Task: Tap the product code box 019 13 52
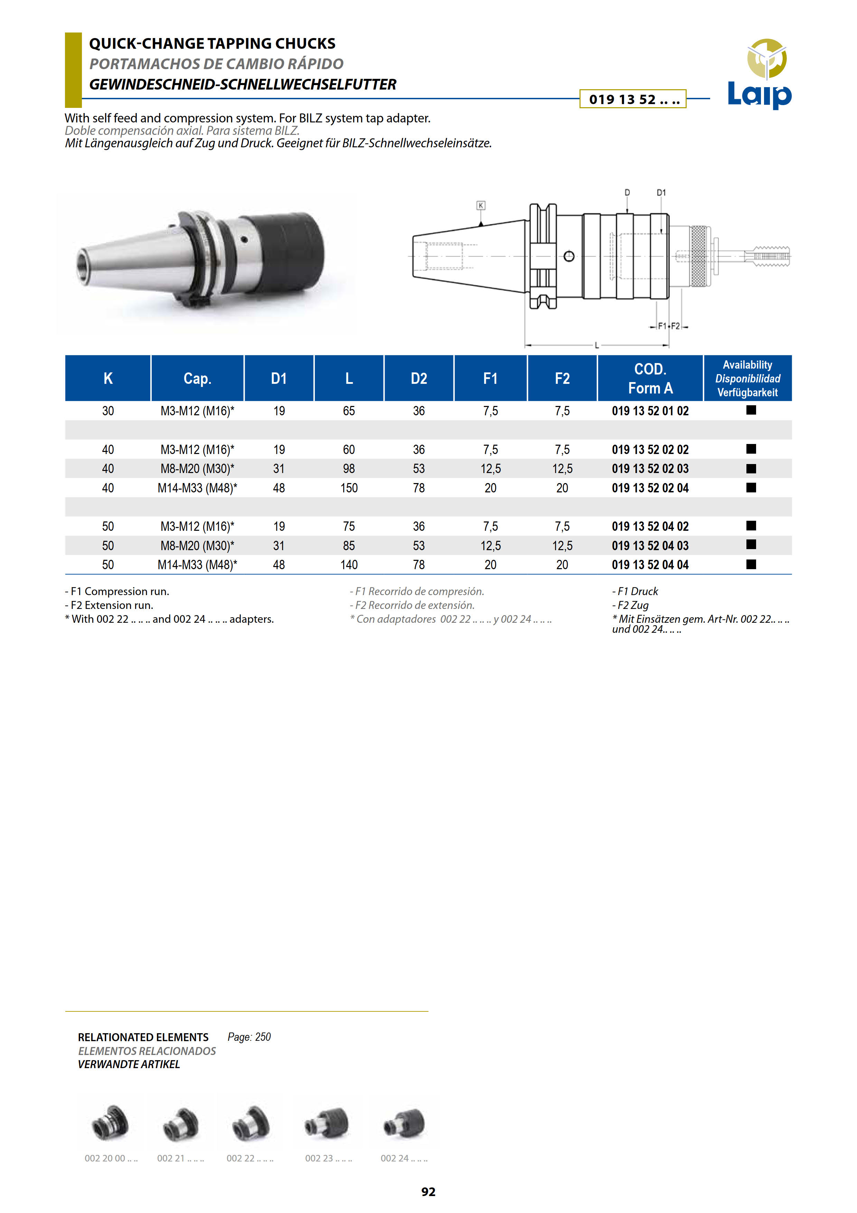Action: coord(633,99)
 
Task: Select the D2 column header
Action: coord(419,378)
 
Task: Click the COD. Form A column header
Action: coord(650,378)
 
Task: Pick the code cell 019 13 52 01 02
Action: coord(650,411)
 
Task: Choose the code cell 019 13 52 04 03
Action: coord(650,546)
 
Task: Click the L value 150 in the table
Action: coord(349,488)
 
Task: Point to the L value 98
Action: coord(349,469)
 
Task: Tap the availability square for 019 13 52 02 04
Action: coord(751,488)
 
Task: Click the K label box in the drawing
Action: coord(481,205)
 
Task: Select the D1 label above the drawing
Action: coord(661,193)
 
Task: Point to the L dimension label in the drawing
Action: coord(597,345)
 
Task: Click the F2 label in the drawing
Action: coord(675,326)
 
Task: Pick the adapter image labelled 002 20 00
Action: coord(110,1123)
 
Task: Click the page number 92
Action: coord(428,1191)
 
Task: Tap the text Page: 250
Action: coord(249,1037)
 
